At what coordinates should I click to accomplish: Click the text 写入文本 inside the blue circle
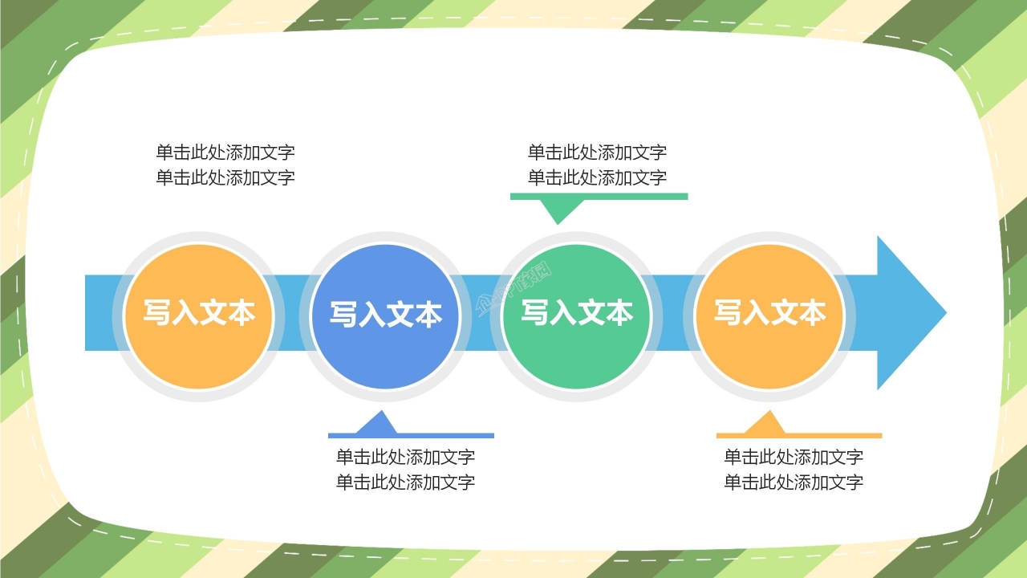tap(385, 314)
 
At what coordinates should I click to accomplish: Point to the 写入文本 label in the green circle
tap(577, 312)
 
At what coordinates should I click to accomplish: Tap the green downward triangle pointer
tap(561, 210)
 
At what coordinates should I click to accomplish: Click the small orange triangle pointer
tap(765, 423)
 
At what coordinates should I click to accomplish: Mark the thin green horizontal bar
tap(599, 196)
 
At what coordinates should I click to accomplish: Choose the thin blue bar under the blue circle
tap(411, 436)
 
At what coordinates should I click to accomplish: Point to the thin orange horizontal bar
tap(799, 436)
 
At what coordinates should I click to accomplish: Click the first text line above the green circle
tap(597, 152)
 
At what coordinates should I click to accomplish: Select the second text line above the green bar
tap(597, 177)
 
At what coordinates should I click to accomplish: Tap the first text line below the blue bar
tap(405, 457)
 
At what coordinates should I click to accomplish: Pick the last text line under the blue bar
tap(405, 482)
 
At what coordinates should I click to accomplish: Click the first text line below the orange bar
tap(794, 457)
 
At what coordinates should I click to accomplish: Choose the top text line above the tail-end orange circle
tap(225, 152)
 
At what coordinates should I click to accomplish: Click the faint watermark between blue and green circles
tap(514, 288)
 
